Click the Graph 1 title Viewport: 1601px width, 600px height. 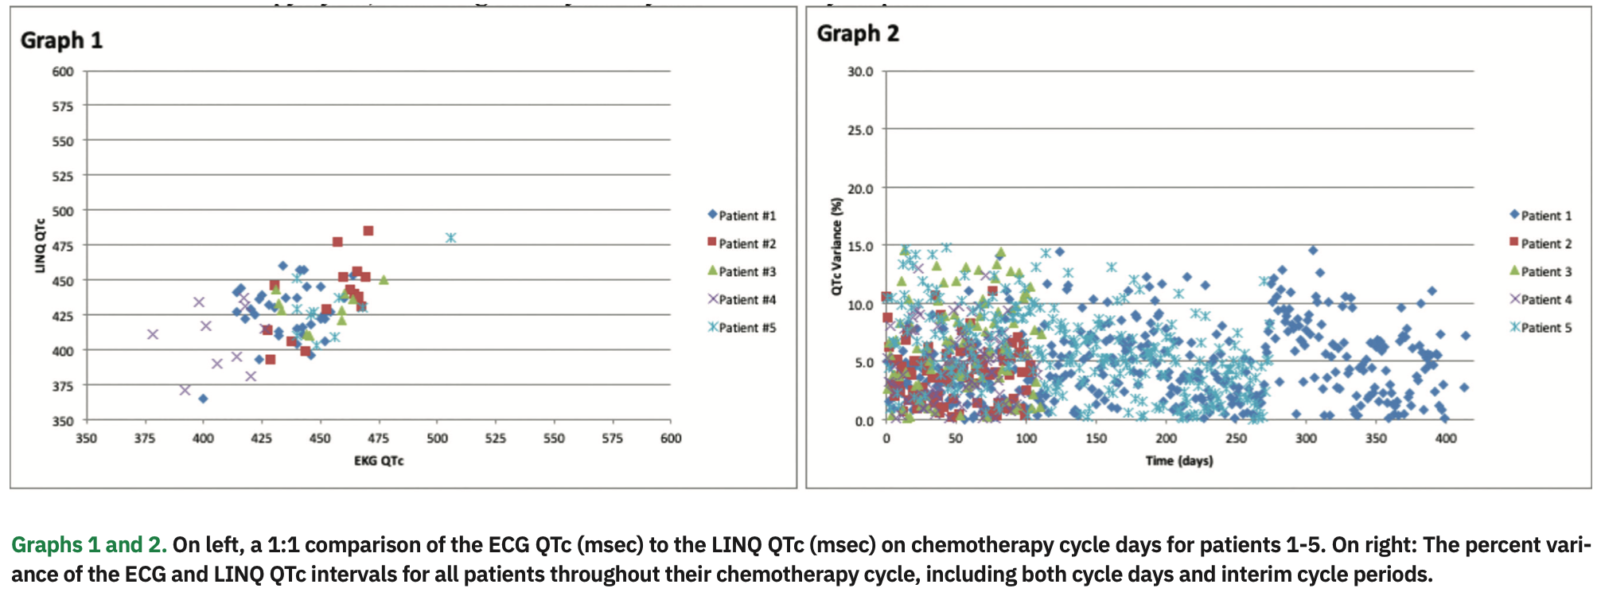[61, 41]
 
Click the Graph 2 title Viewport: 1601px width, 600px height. [858, 33]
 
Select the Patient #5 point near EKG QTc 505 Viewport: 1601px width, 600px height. [451, 238]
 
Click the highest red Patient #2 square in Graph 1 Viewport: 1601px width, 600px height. [368, 231]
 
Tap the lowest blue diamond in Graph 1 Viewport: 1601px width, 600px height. [203, 399]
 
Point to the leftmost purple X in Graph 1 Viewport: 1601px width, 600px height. [153, 334]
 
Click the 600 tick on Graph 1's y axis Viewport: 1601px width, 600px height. [63, 72]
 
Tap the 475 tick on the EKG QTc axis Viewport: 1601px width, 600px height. [379, 438]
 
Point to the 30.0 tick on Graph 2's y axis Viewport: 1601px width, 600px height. [859, 72]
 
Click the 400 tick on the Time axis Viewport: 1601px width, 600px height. [1446, 438]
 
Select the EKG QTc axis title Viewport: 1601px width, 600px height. [379, 461]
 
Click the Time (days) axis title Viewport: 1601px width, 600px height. [1178, 461]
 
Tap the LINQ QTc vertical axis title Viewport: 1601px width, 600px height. [40, 245]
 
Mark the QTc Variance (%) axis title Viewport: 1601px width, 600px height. [836, 246]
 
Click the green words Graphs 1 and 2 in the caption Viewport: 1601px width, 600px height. [88, 545]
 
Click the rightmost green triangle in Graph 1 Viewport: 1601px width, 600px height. [384, 280]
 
